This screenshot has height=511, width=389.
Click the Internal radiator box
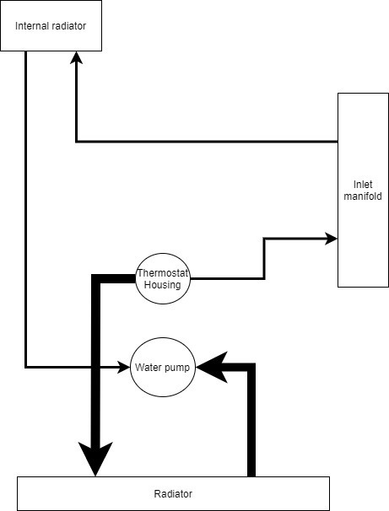(x=51, y=25)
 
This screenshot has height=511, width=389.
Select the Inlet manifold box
(x=363, y=190)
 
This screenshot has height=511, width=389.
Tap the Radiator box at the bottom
(x=173, y=493)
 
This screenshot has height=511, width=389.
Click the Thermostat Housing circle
(x=162, y=278)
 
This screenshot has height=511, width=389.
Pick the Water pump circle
(x=163, y=368)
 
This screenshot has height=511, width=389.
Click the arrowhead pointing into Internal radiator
(x=76, y=57)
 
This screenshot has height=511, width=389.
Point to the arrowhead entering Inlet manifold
(x=331, y=239)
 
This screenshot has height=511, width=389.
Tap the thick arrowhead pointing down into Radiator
(x=95, y=459)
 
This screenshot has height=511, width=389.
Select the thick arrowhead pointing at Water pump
(x=212, y=368)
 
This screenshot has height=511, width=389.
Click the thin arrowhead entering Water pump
(x=124, y=368)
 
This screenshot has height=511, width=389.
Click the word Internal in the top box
(x=30, y=26)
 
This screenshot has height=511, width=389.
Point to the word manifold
(x=363, y=196)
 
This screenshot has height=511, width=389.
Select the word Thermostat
(x=162, y=273)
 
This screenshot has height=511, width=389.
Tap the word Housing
(x=162, y=284)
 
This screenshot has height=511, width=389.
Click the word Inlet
(x=363, y=185)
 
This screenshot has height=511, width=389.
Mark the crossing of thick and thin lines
(x=95, y=368)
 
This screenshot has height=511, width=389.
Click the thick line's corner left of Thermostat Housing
(x=95, y=279)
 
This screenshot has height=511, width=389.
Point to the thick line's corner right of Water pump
(x=251, y=368)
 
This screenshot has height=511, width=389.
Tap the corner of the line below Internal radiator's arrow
(x=76, y=142)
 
